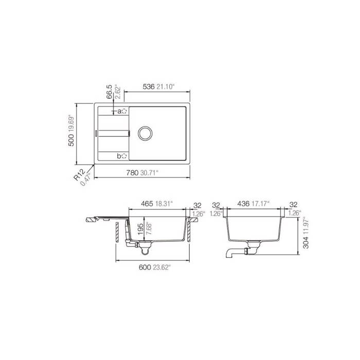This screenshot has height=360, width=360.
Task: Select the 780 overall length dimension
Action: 132,173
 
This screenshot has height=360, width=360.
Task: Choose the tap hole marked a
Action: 124,111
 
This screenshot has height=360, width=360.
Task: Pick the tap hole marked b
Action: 124,156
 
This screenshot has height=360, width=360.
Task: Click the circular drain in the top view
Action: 145,133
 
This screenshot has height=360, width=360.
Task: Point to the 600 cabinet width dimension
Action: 145,267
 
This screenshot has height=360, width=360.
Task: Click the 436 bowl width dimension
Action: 243,204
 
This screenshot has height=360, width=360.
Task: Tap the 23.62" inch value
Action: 165,267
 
